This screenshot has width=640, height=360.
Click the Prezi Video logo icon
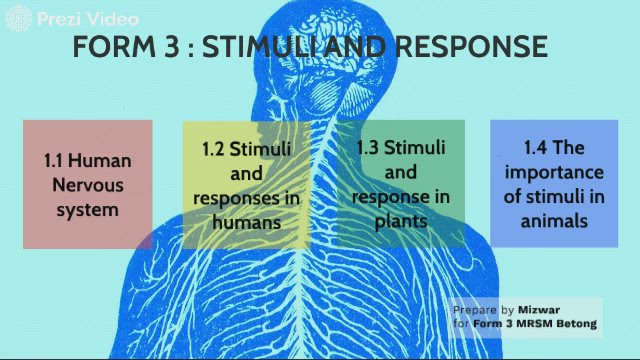coord(19,17)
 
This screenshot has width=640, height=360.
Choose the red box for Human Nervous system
coord(87,184)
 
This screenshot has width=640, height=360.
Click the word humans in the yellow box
coord(245,222)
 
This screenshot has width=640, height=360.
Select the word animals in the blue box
coord(554,220)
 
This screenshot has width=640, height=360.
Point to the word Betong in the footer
coord(576,324)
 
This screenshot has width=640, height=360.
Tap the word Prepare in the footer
coord(476,310)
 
